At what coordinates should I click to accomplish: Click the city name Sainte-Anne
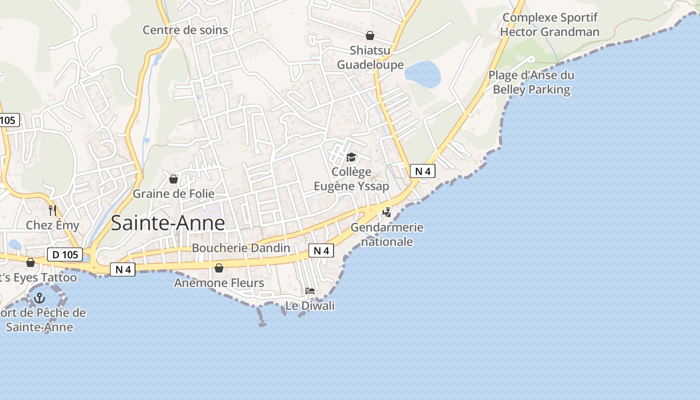click(x=168, y=222)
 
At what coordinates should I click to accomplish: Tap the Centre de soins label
click(x=185, y=30)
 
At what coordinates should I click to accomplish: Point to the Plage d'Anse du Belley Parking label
click(x=531, y=82)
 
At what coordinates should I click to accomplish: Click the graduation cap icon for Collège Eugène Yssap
click(x=351, y=157)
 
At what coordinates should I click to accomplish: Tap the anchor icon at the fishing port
click(x=39, y=298)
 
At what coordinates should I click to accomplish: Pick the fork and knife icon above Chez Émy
click(x=52, y=210)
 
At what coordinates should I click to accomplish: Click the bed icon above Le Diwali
click(x=310, y=291)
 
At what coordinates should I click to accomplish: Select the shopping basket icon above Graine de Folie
click(x=173, y=179)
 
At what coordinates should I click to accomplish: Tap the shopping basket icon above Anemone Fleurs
click(x=218, y=268)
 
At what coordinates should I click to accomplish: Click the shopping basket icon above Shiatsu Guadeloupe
click(x=370, y=35)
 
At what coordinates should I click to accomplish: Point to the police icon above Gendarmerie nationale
click(x=386, y=212)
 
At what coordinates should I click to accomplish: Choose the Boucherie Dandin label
click(x=241, y=248)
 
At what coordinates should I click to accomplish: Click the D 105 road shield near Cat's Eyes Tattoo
click(x=65, y=254)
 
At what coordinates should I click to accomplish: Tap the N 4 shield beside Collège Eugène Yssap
click(x=422, y=171)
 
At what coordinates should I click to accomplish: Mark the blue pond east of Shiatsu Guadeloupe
click(x=423, y=74)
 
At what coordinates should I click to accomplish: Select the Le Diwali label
click(x=310, y=305)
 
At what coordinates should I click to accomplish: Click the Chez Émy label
click(x=52, y=225)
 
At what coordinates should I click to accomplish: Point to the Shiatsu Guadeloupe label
click(x=370, y=57)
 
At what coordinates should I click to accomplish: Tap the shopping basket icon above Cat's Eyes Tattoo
click(x=30, y=262)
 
